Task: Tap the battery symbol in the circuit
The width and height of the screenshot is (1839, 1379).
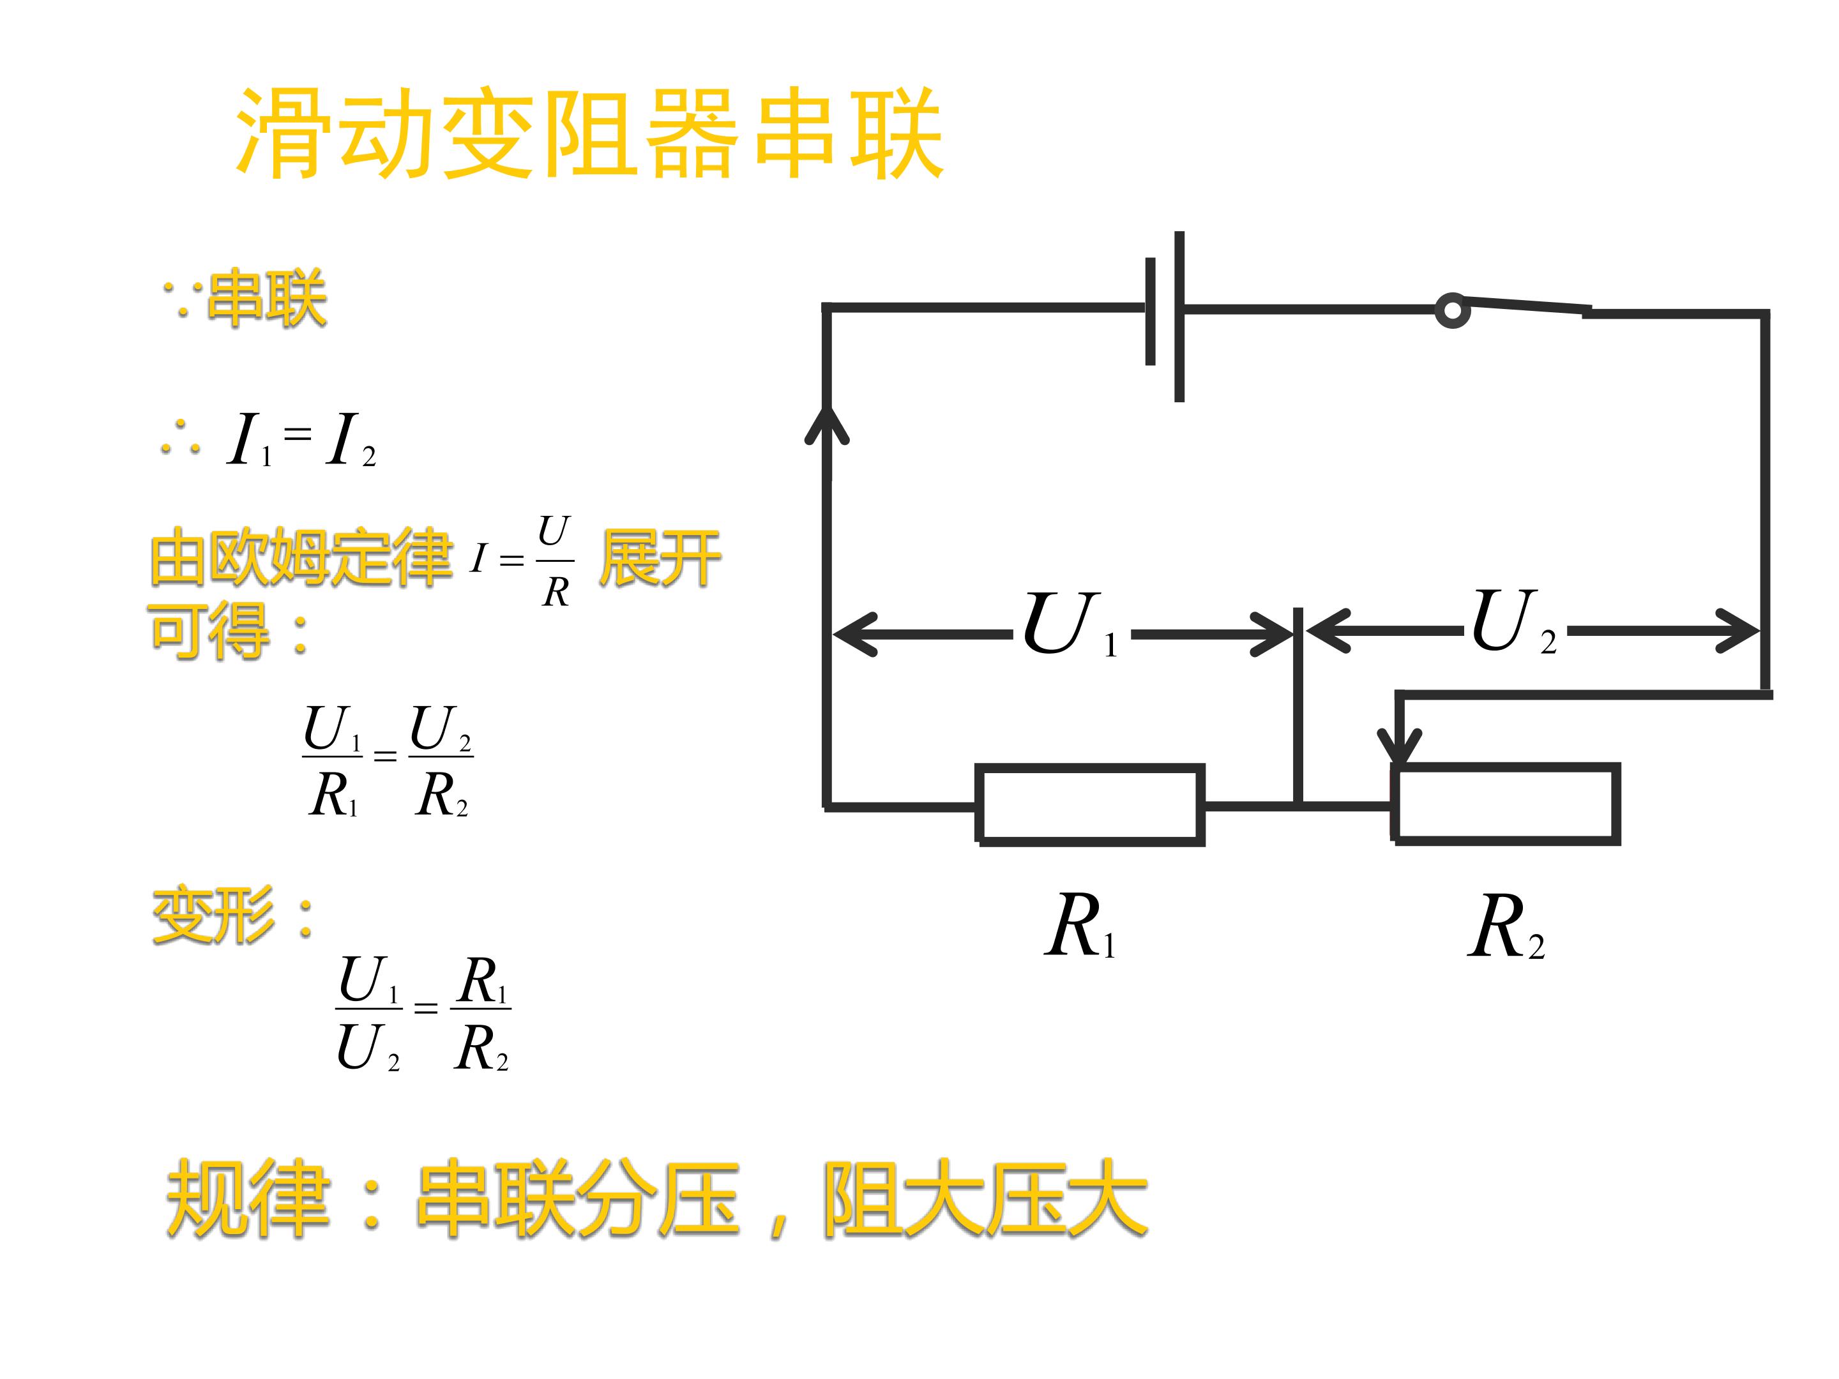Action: tap(1165, 316)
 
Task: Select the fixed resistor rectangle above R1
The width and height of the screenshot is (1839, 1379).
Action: tap(1090, 804)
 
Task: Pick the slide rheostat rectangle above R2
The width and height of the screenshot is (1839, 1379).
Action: tap(1506, 804)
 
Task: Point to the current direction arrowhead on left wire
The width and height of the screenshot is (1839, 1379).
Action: tap(827, 424)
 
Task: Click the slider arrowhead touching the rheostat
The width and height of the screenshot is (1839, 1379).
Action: tap(1401, 746)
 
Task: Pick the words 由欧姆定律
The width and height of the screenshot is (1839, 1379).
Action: tap(301, 556)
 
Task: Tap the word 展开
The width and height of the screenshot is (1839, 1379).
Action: tap(660, 558)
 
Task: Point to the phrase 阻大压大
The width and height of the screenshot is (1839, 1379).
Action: tap(985, 1198)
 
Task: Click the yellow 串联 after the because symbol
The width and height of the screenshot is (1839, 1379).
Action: tap(267, 297)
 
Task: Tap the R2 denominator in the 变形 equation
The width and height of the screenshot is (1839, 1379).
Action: tap(481, 1048)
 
